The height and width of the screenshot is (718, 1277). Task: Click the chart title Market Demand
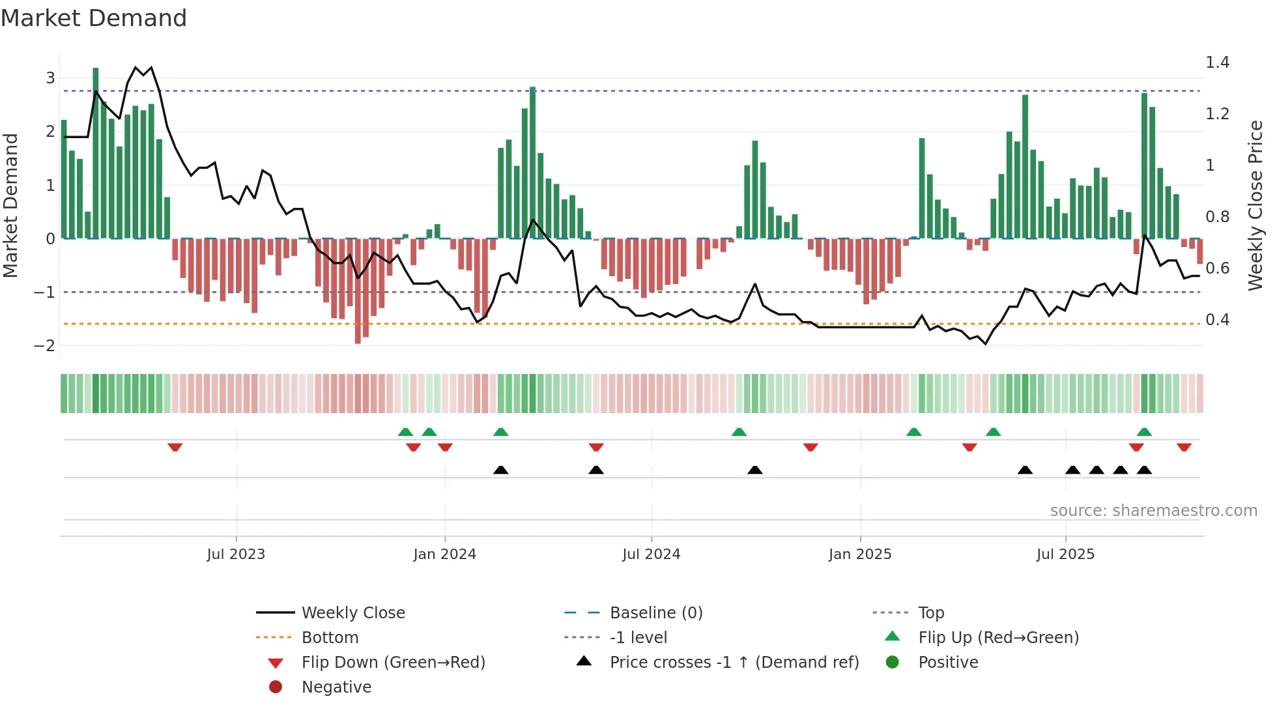coord(94,18)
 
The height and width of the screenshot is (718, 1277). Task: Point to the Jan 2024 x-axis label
coord(444,554)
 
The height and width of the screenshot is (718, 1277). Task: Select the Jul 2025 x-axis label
coord(1065,554)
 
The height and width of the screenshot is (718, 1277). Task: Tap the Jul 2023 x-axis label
coord(236,554)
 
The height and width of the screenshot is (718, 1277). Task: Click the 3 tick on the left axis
coord(50,78)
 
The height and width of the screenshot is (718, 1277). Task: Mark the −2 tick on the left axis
coord(45,346)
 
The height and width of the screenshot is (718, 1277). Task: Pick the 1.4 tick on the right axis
coord(1217,63)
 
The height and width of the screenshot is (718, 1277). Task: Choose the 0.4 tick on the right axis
coord(1217,320)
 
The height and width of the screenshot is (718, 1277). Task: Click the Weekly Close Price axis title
coord(1255,205)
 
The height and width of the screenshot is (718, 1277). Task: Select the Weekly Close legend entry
coord(353,613)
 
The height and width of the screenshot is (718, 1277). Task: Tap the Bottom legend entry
coord(330,638)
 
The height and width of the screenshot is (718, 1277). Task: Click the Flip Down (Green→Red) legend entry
coord(393,663)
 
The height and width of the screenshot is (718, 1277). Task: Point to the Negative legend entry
coord(336,687)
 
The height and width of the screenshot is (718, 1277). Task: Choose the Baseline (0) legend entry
coord(655,613)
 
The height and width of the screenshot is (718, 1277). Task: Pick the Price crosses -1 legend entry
coord(734,663)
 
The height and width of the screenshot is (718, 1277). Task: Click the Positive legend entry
coord(948,663)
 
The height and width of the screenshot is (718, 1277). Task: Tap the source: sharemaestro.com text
coord(1153,511)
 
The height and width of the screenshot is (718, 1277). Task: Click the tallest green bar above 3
coord(96,153)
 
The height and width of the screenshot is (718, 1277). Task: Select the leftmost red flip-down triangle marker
coord(175,447)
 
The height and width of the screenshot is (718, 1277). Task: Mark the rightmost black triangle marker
coord(1144,470)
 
